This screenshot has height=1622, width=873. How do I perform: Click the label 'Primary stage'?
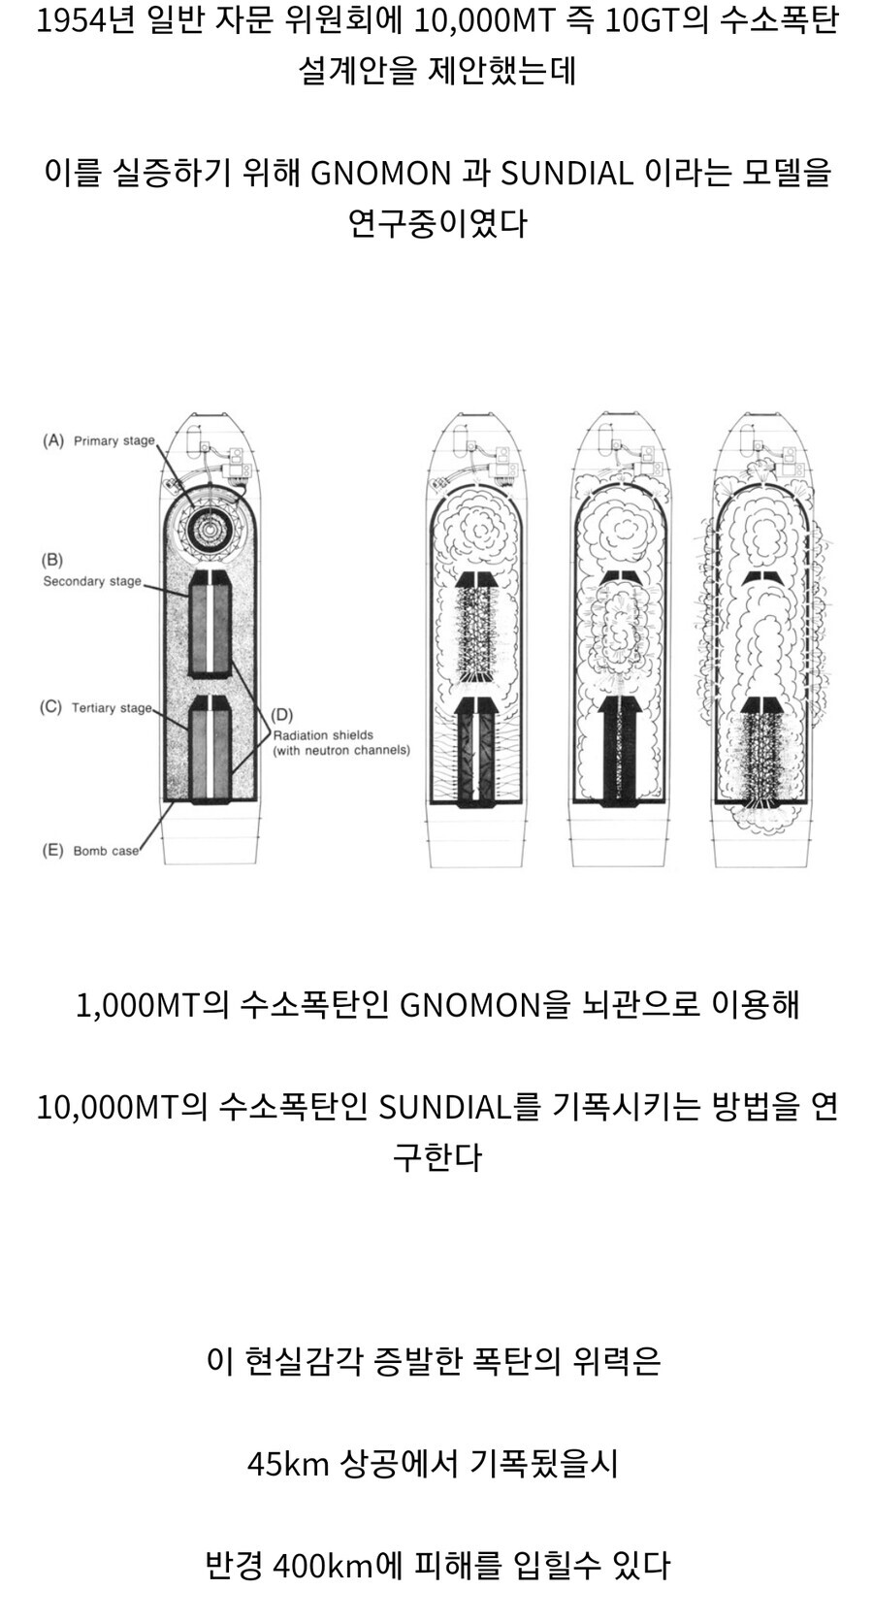pos(114,440)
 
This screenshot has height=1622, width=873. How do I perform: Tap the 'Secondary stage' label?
pos(92,581)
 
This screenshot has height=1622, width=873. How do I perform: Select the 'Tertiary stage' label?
pos(112,707)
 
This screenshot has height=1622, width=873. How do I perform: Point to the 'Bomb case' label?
pos(106,851)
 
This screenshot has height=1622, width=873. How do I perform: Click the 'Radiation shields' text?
pos(323,735)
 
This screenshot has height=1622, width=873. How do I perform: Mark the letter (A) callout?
pos(53,440)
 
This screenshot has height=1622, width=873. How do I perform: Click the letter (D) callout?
pos(281,715)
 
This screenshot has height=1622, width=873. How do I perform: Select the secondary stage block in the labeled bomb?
pos(209,624)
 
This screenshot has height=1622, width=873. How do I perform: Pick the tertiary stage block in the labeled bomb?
pos(209,750)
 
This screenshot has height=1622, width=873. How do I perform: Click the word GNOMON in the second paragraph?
pos(380,174)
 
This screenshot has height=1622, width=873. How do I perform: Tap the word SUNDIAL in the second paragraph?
pos(566,174)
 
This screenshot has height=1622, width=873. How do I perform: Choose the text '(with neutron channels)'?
pos(340,750)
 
